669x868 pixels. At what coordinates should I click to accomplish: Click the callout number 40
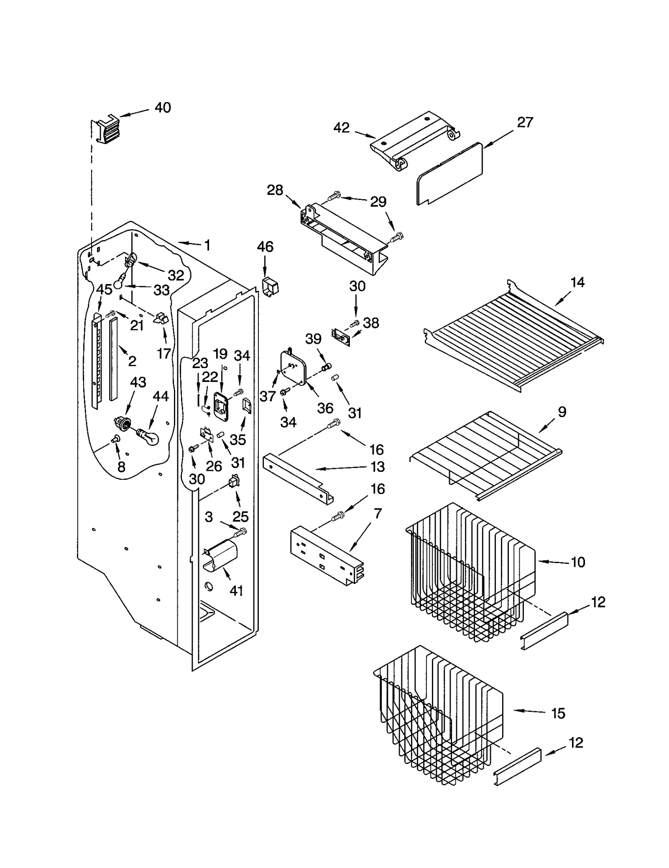[x=163, y=108]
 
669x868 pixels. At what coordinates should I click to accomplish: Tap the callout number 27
[x=525, y=122]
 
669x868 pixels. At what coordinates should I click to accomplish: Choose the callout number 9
[x=562, y=412]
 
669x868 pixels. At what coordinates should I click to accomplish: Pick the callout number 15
[x=558, y=713]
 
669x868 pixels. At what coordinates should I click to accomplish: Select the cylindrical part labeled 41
[x=220, y=556]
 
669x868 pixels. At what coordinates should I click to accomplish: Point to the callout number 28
[x=275, y=190]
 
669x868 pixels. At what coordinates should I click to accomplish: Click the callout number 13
[x=377, y=467]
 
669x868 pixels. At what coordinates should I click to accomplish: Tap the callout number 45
[x=104, y=289]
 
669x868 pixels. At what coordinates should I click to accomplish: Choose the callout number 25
[x=240, y=516]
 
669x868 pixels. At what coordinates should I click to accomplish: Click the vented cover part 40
[x=107, y=131]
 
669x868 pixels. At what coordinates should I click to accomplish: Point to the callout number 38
[x=371, y=323]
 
